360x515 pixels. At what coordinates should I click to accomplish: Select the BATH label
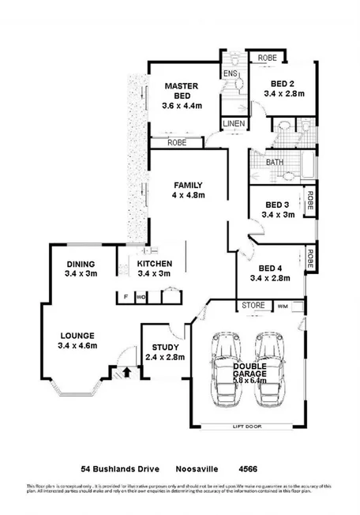(274, 162)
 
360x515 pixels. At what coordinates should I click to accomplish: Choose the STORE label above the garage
(253, 304)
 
